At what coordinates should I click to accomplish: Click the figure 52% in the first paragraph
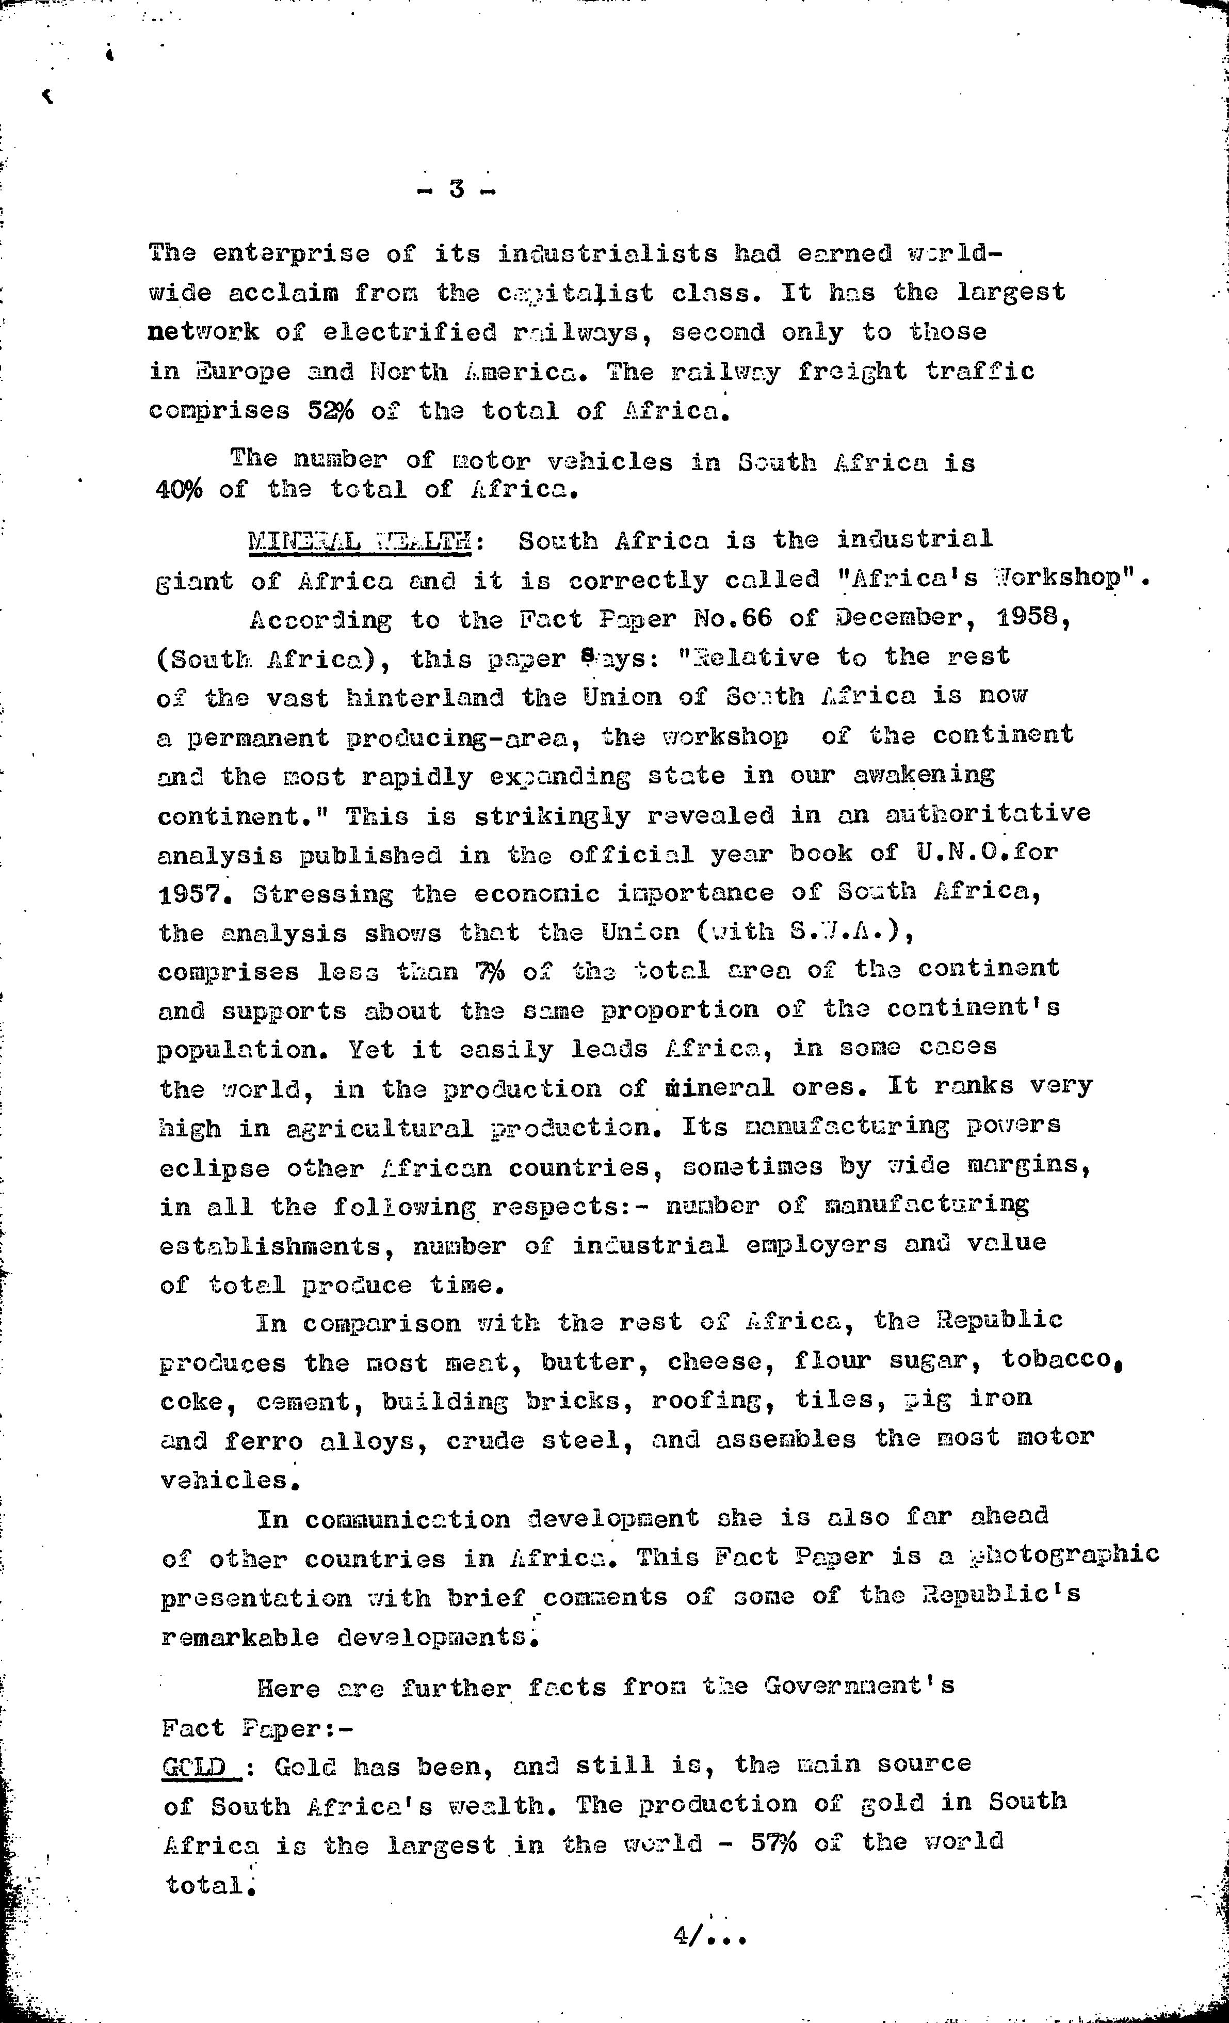tap(331, 410)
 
